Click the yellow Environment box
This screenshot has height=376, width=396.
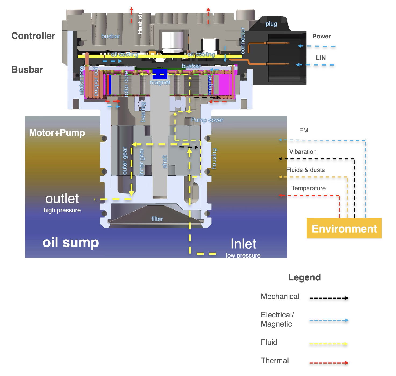point(344,229)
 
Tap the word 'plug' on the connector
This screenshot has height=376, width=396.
point(271,24)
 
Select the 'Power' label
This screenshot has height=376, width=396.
point(321,36)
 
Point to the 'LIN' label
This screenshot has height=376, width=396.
point(321,58)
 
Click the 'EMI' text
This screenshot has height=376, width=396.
point(304,130)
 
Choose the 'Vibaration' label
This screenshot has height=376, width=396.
point(303,152)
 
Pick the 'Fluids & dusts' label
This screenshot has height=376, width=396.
point(305,170)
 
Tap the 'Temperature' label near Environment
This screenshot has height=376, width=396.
point(308,188)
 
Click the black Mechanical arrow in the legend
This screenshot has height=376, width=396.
point(329,298)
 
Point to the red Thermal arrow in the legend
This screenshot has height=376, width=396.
point(329,363)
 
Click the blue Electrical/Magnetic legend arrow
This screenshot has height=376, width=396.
point(329,320)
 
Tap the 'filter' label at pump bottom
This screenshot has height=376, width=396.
point(157,219)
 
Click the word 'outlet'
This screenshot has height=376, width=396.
point(62,199)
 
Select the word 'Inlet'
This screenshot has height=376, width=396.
point(243,244)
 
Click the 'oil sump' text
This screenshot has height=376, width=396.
point(71,242)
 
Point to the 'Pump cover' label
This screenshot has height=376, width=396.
point(207,120)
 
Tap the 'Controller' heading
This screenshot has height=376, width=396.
point(33,36)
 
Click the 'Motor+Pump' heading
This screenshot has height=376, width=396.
point(57,133)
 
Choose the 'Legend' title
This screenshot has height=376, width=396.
point(304,277)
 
